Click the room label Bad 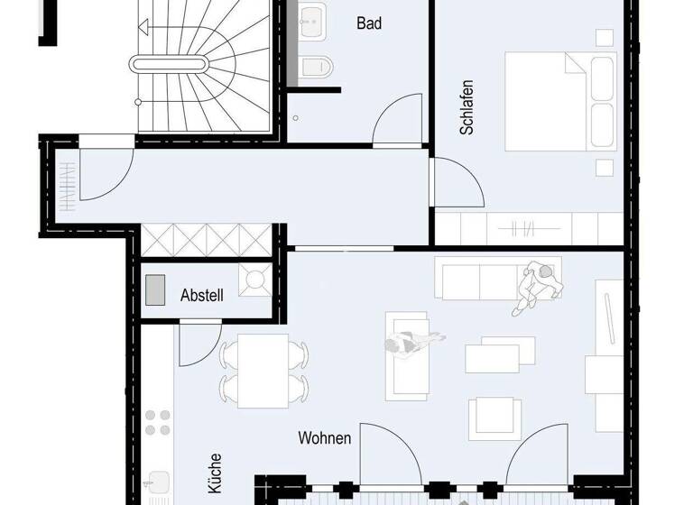click(x=369, y=23)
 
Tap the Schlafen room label click(x=467, y=108)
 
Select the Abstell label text click(x=201, y=294)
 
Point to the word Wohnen click(x=325, y=437)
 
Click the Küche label click(x=215, y=472)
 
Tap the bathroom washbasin click(x=313, y=17)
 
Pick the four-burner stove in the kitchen click(x=158, y=424)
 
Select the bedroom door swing click(x=457, y=184)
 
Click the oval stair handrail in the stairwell click(x=170, y=63)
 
